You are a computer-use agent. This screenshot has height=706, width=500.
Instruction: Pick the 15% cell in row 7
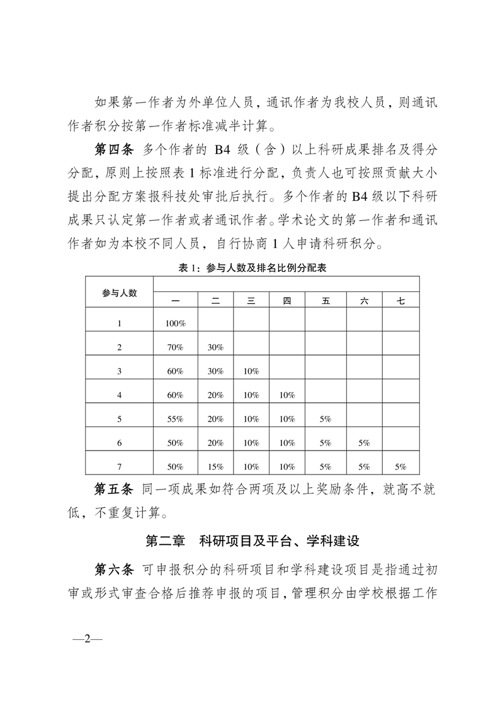(x=215, y=466)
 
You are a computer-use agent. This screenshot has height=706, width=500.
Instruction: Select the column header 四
(x=287, y=301)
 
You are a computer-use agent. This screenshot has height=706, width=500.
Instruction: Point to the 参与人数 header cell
(x=120, y=293)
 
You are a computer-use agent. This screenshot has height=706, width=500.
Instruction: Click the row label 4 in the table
(x=120, y=395)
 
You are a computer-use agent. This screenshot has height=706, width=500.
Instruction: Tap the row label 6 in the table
(x=120, y=442)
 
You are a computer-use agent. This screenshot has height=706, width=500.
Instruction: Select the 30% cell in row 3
(x=215, y=371)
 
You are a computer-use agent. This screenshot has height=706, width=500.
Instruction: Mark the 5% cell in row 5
(x=325, y=418)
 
